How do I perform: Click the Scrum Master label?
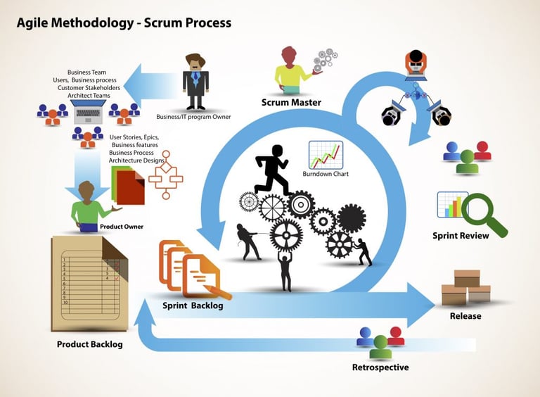291,102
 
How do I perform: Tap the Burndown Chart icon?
326,155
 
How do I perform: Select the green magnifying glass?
484,215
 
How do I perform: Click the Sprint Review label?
461,236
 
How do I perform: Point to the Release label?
465,316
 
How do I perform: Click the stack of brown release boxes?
466,288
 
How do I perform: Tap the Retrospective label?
380,367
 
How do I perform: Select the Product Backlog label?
89,344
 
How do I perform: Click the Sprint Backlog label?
193,305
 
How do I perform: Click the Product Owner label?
122,227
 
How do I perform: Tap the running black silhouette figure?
272,170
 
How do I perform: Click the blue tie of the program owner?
195,77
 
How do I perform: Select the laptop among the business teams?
88,111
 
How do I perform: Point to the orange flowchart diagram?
166,175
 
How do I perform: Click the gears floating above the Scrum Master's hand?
326,58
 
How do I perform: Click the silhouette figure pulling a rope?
247,241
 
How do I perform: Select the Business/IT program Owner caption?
193,117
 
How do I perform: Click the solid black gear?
352,218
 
